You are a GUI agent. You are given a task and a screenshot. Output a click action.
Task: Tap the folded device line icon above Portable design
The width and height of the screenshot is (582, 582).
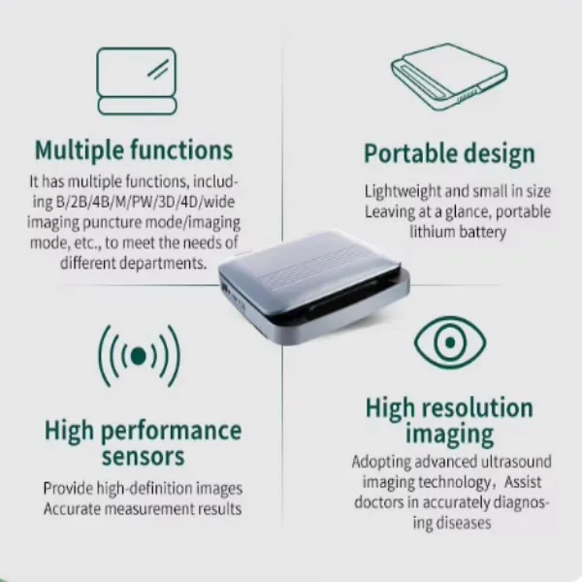point(449,77)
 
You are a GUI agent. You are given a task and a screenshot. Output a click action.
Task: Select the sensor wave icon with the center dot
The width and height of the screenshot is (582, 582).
point(139,356)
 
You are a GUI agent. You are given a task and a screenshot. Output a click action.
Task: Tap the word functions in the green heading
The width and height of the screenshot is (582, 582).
point(181,150)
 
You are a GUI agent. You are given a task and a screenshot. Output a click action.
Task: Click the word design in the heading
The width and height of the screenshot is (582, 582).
point(500,154)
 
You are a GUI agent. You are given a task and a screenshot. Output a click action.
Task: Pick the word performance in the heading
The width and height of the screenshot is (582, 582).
point(171,432)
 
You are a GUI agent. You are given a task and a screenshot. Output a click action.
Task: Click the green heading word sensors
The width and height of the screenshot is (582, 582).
point(143,457)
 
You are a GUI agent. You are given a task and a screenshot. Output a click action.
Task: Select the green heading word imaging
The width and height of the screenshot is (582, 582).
point(449,435)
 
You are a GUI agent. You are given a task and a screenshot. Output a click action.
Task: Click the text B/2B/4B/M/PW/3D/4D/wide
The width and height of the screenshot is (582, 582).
point(145,202)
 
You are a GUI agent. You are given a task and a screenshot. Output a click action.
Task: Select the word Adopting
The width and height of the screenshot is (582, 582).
point(381,463)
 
